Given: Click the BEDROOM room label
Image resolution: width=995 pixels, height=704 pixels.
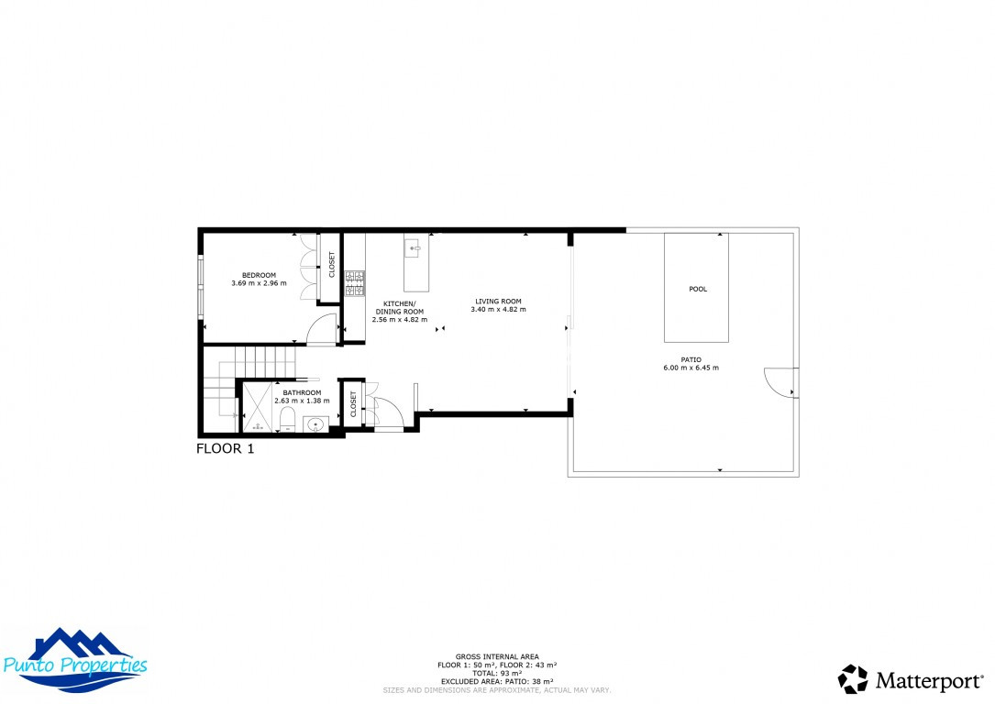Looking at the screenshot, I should (x=259, y=275).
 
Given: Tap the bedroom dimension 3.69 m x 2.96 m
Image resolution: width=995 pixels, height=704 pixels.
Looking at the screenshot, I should (x=259, y=283).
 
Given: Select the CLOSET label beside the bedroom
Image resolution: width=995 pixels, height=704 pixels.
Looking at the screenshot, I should (x=332, y=265).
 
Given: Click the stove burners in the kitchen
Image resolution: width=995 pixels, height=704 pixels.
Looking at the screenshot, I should (x=355, y=284).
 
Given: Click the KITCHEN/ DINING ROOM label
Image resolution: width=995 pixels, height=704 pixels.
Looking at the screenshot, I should (x=399, y=307).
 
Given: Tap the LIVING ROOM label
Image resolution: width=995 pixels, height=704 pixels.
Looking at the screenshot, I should (x=498, y=301).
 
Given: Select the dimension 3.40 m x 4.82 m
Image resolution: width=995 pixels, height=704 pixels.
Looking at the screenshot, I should (x=498, y=310).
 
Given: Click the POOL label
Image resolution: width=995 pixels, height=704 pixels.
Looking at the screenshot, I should (x=698, y=289).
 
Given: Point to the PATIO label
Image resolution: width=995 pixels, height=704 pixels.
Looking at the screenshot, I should (x=691, y=359).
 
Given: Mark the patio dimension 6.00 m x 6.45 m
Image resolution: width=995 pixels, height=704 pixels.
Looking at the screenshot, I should (x=691, y=368).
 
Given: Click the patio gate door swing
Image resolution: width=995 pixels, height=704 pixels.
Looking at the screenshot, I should (x=779, y=382).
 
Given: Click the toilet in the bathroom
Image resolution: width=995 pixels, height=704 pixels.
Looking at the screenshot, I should (x=287, y=421).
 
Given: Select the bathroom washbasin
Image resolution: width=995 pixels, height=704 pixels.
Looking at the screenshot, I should (x=315, y=424).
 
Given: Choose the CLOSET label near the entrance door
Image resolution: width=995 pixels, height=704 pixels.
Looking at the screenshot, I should (x=353, y=403).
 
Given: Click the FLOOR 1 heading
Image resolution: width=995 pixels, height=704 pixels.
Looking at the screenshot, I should (x=226, y=449).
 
